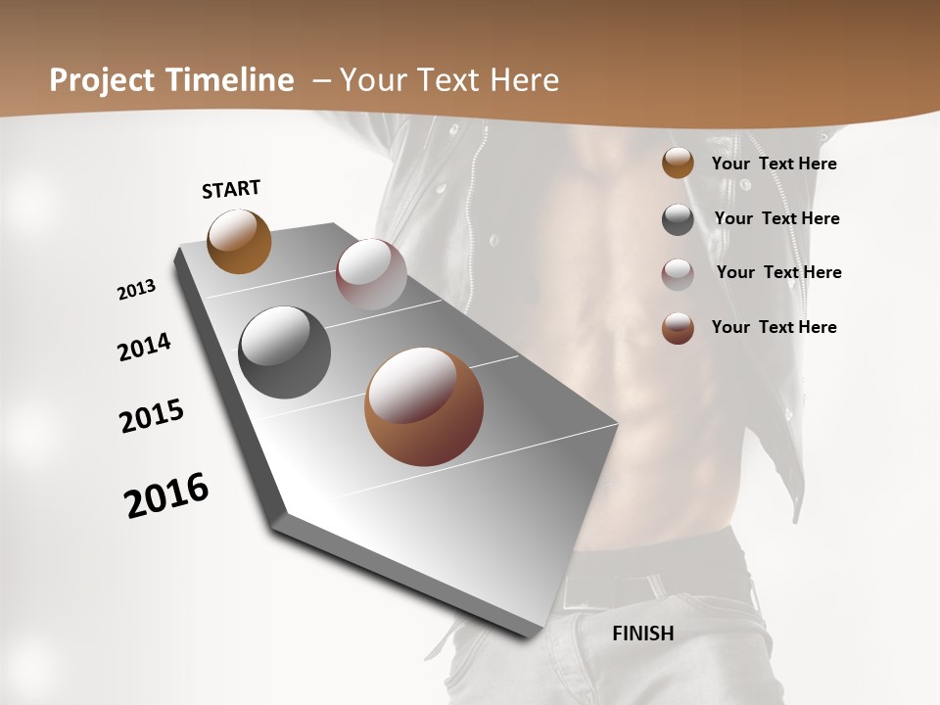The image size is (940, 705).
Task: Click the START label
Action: pyautogui.click(x=231, y=189)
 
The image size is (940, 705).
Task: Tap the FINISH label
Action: pyautogui.click(x=642, y=634)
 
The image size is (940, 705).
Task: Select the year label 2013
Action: pyautogui.click(x=136, y=290)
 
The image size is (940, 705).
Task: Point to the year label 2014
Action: pyautogui.click(x=144, y=347)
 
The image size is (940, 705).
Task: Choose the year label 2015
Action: pyautogui.click(x=152, y=416)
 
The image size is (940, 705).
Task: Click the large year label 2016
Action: pyautogui.click(x=166, y=495)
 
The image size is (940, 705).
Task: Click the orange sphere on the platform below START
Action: pyautogui.click(x=239, y=242)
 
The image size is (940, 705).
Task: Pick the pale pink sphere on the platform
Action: pyautogui.click(x=371, y=274)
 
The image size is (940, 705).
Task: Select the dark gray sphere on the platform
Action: pyautogui.click(x=284, y=352)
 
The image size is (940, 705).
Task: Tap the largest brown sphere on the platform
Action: pyautogui.click(x=423, y=406)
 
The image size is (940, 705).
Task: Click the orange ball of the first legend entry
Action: pyautogui.click(x=678, y=163)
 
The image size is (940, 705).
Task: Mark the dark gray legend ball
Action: pyautogui.click(x=678, y=219)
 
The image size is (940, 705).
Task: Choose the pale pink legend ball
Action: pyautogui.click(x=678, y=274)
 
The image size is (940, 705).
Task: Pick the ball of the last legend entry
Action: pyautogui.click(x=678, y=328)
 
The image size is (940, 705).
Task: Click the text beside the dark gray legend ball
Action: pyautogui.click(x=776, y=218)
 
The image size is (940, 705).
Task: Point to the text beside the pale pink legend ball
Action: pyautogui.click(x=778, y=272)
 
